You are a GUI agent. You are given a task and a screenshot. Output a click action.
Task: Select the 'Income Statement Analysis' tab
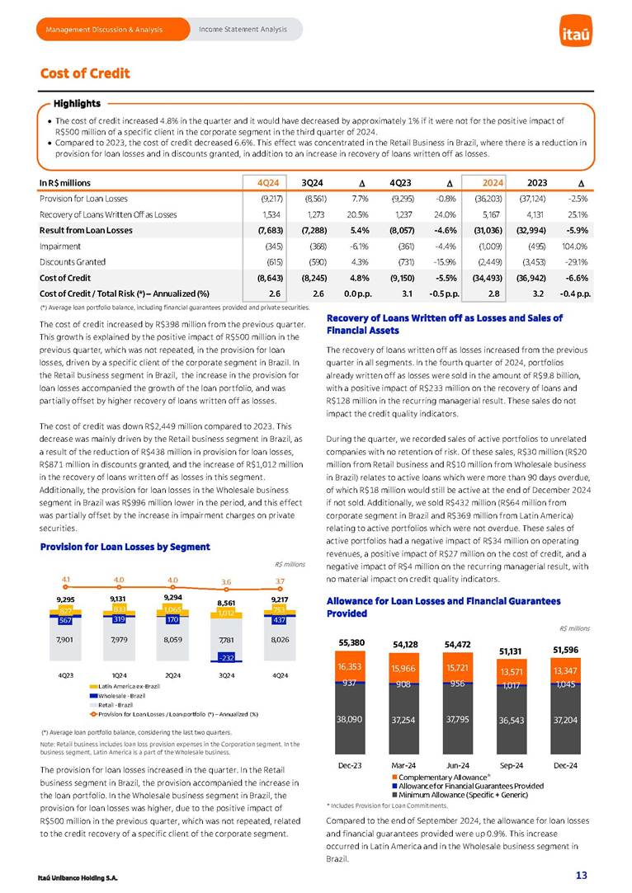[243, 30]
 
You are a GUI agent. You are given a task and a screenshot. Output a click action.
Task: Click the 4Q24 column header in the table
[266, 182]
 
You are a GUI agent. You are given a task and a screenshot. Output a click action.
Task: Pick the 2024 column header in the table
[488, 182]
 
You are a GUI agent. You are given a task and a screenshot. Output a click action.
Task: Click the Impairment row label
[60, 246]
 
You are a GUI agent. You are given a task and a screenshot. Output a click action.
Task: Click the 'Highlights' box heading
[77, 103]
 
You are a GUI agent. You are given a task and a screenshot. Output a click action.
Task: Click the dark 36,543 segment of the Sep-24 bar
[512, 719]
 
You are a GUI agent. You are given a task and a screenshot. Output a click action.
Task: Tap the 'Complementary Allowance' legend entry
[442, 777]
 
